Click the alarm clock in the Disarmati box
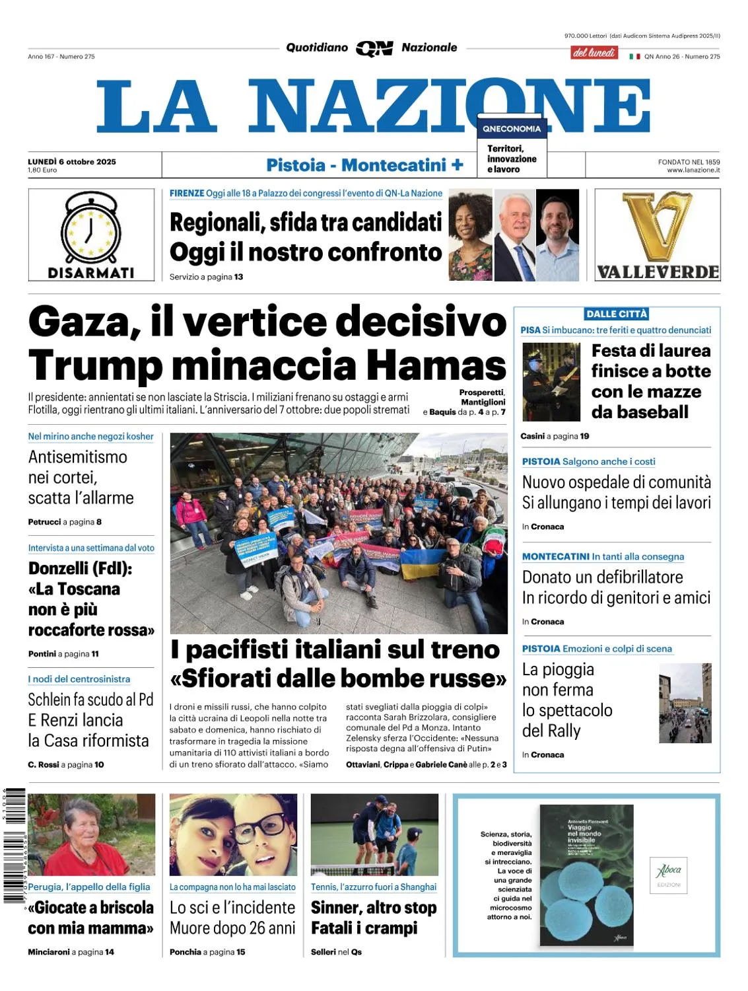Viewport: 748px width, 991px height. point(91,228)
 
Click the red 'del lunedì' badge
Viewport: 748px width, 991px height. point(594,52)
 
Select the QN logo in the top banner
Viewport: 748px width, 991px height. point(374,48)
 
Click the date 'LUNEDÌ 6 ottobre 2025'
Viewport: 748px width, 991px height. point(72,162)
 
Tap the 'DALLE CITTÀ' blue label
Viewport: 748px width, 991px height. point(617,314)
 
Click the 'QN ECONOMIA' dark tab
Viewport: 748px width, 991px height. point(512,129)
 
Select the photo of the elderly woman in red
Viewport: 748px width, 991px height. point(91,834)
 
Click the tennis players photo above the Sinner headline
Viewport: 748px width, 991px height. point(374,834)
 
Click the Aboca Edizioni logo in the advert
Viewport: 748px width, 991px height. point(669,874)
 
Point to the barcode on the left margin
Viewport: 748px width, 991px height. point(14,846)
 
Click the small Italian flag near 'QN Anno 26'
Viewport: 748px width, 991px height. point(634,57)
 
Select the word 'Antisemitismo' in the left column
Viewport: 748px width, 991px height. point(78,457)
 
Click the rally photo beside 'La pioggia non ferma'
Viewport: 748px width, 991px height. point(685,703)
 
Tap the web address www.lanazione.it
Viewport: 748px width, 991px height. point(693,170)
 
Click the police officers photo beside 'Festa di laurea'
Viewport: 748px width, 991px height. point(551,382)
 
